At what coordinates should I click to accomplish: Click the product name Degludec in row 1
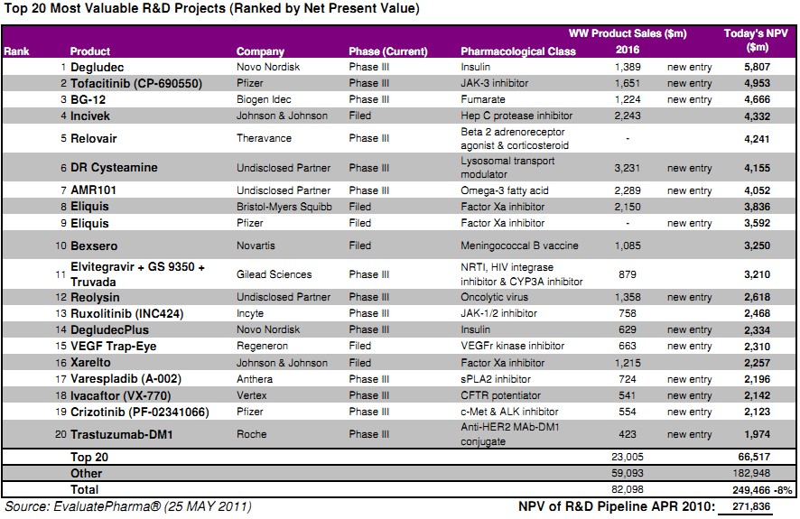click(98, 68)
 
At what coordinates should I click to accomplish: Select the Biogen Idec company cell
click(265, 99)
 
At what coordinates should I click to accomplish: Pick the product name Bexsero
click(95, 246)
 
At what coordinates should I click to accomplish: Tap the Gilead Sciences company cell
click(274, 274)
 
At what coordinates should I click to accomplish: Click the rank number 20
click(61, 434)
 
